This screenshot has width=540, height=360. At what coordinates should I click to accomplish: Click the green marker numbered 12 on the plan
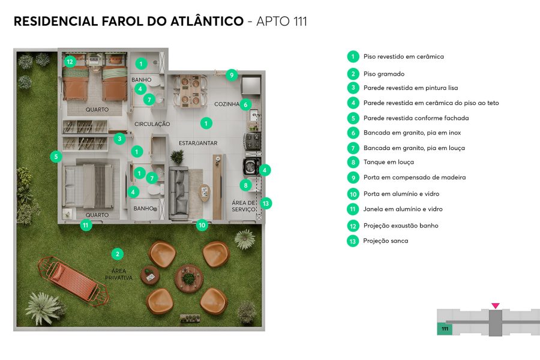pos(70,61)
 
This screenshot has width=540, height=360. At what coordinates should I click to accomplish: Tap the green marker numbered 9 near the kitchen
pos(232,75)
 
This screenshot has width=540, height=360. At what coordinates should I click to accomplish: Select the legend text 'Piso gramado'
pos(383,74)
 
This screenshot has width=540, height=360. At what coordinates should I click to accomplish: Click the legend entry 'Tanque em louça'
pos(388,162)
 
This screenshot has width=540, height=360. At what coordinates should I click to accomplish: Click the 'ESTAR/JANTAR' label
pos(197,143)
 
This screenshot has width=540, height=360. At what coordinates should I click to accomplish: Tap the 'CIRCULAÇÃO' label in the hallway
pos(152,124)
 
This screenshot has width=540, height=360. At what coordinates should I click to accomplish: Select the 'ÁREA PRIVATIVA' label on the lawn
pos(118,274)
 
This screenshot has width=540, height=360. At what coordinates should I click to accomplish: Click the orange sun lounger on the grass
pos(73,281)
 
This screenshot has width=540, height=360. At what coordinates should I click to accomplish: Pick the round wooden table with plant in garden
pos(188,278)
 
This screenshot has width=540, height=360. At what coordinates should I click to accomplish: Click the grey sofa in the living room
pos(179,193)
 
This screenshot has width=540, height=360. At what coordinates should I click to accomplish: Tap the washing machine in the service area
pos(250,166)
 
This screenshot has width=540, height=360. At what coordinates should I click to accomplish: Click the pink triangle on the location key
pos(495,306)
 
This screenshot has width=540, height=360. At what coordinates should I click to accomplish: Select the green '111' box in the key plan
pos(445,329)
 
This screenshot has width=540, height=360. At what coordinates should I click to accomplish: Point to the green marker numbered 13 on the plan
pos(266,203)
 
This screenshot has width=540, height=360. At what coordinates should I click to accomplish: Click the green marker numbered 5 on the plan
pos(55,157)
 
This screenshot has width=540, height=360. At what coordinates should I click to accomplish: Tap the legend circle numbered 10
pos(353,194)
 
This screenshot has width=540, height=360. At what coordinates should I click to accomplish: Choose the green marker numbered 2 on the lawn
pos(118,254)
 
